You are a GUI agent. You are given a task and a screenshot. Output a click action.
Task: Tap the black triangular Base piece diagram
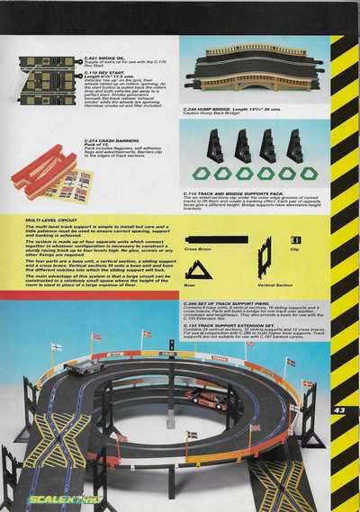click(x=198, y=271)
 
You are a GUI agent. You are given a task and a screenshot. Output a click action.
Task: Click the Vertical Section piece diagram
click(x=263, y=259)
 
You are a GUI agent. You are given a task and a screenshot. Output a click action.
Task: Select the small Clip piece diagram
click(x=296, y=239)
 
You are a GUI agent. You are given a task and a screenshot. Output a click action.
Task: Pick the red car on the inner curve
click(x=206, y=400)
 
